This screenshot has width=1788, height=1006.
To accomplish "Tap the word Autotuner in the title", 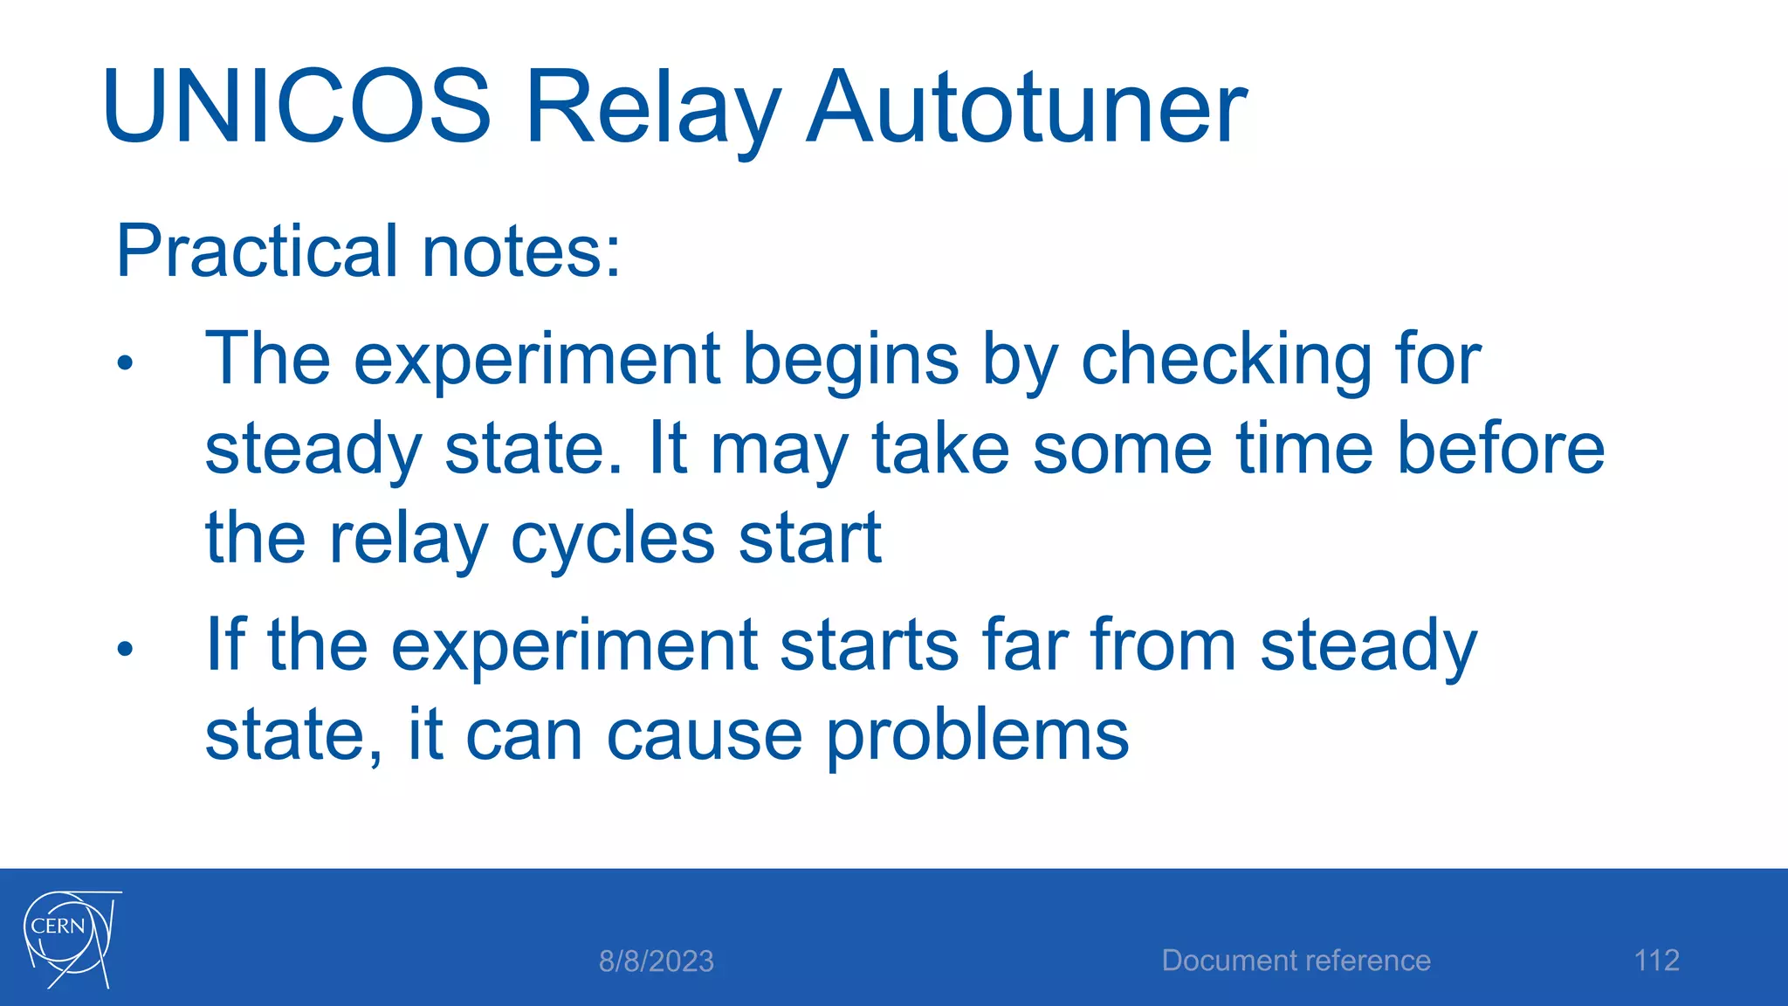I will (x=1026, y=107).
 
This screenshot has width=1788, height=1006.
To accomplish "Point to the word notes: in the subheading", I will (x=521, y=251).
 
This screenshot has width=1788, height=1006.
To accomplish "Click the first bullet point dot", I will (x=125, y=362).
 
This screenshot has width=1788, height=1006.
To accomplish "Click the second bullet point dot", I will (x=125, y=649).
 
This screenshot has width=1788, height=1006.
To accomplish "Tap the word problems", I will (x=977, y=736).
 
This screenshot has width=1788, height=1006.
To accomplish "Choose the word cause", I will (x=704, y=736).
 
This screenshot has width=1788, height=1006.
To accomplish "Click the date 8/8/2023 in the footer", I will (x=656, y=961).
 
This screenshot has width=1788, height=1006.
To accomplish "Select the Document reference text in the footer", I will (x=1296, y=961).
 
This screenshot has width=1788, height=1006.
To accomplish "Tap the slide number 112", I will (x=1656, y=961).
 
